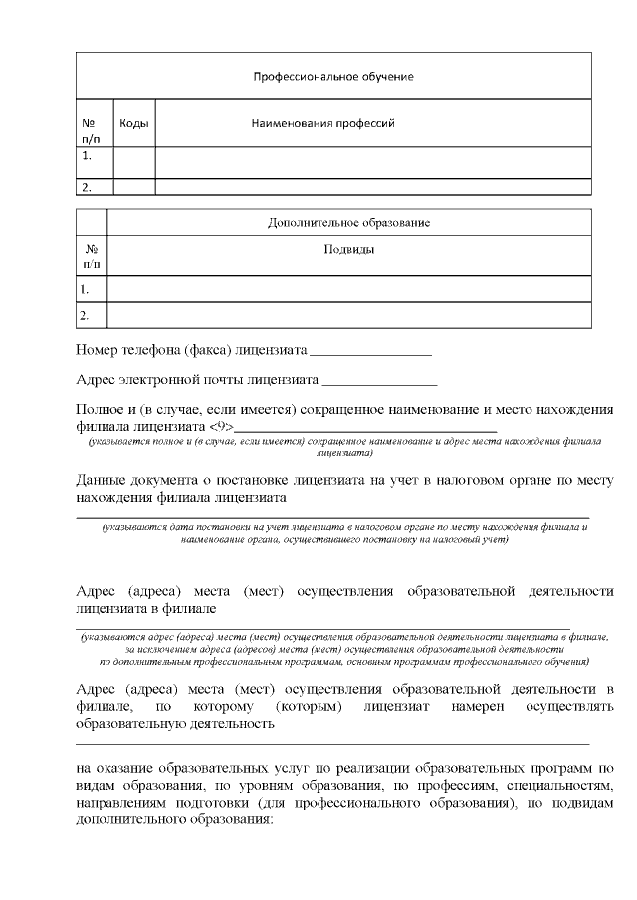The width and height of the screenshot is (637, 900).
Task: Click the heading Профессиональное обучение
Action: pyautogui.click(x=333, y=76)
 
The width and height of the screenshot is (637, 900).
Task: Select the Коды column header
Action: pyautogui.click(x=134, y=124)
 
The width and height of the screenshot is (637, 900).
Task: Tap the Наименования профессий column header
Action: pyautogui.click(x=323, y=124)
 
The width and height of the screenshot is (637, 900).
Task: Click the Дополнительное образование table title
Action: pyautogui.click(x=348, y=222)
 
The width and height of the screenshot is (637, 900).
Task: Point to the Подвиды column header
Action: pyautogui.click(x=348, y=249)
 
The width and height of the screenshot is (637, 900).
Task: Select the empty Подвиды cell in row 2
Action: pyautogui.click(x=348, y=315)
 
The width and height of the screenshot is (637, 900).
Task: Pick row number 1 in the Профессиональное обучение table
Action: pyautogui.click(x=88, y=156)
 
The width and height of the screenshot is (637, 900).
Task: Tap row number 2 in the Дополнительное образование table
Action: pyautogui.click(x=86, y=315)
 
